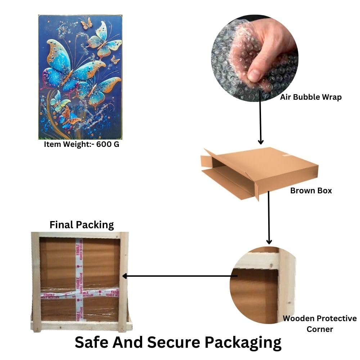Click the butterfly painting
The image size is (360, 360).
(80, 77)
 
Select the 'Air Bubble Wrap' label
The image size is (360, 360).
(311, 97)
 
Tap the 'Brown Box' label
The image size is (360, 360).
(311, 190)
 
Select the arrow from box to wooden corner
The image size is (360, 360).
(269, 218)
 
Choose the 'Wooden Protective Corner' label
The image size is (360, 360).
(320, 324)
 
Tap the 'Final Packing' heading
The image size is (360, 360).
(81, 225)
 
